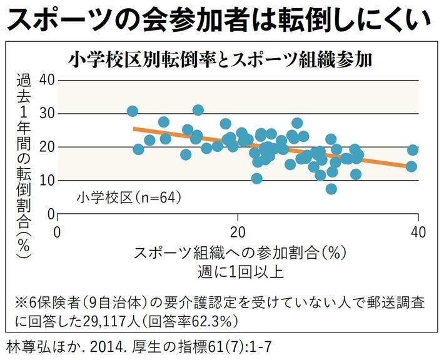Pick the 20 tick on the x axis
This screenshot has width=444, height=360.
click(x=237, y=231)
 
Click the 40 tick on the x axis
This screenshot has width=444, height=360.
click(x=418, y=231)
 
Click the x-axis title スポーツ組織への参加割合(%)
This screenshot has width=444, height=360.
click(x=240, y=253)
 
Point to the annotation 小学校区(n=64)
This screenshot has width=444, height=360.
click(x=129, y=197)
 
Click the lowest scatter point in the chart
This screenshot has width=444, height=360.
click(x=331, y=189)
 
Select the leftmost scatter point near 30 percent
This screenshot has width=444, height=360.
click(x=132, y=111)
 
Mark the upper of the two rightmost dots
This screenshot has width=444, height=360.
click(x=413, y=150)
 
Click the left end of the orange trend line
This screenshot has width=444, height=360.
click(x=134, y=129)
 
